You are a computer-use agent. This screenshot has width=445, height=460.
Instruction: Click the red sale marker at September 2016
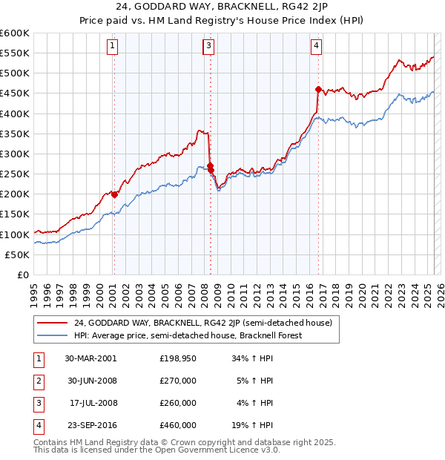coord(318,90)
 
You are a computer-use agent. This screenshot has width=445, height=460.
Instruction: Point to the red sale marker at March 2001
coord(114,194)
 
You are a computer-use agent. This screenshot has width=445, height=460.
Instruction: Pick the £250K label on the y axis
coord(15,174)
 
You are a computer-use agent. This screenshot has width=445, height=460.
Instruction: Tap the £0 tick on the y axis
coord(24,275)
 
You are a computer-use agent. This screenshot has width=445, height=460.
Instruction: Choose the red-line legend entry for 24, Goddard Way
coord(207,323)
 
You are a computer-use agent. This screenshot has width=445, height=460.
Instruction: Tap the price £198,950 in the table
coord(178,358)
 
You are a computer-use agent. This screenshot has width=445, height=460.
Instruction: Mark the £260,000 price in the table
coord(178,403)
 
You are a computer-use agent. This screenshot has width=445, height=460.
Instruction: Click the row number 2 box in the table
coord(36,381)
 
